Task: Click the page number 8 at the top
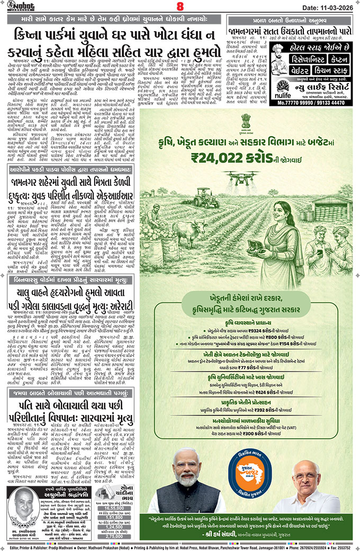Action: pyautogui.click(x=179, y=6)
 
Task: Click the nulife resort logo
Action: pyautogui.click(x=281, y=88)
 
